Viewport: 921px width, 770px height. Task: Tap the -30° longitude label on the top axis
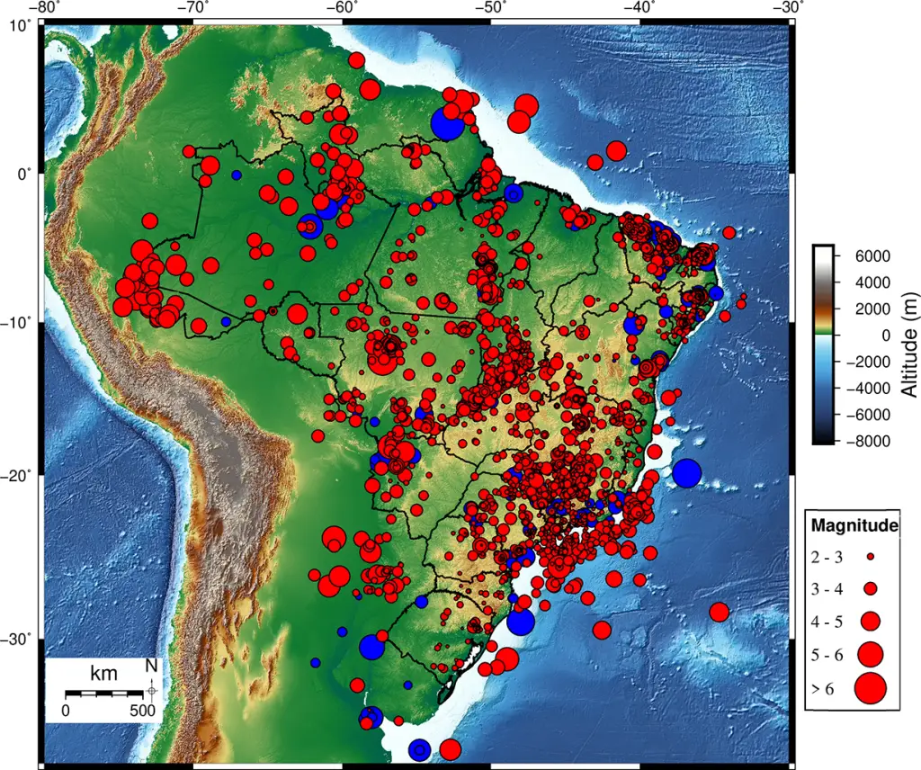point(789,7)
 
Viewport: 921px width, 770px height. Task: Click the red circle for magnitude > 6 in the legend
point(871,689)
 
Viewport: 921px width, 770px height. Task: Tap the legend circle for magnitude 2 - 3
point(871,557)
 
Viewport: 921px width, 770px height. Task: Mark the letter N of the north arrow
point(151,667)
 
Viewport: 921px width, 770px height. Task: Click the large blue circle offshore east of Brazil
point(686,472)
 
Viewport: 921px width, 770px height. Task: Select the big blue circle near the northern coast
point(447,123)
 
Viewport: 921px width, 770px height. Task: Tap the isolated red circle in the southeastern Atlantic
point(719,613)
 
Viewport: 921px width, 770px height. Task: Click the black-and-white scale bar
point(104,693)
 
